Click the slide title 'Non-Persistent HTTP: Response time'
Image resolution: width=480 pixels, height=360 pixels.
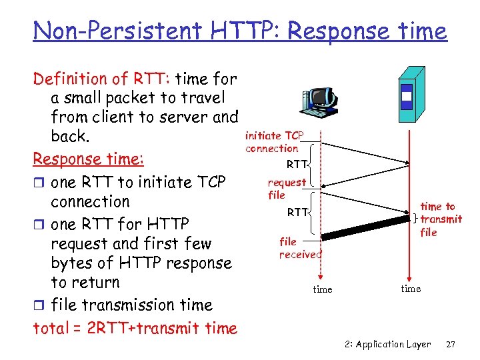(x=240, y=31)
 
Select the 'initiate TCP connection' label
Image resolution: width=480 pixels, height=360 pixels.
(x=273, y=142)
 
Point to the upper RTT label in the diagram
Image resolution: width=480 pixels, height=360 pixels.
(x=297, y=164)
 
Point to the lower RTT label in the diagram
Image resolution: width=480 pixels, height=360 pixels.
(x=297, y=212)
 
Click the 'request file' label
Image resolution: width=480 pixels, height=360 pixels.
(x=286, y=189)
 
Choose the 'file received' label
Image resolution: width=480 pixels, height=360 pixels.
(x=299, y=247)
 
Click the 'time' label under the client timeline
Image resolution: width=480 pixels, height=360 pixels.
(x=323, y=289)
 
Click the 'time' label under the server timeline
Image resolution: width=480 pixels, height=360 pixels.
(x=411, y=289)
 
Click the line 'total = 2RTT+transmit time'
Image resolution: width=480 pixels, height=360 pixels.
(x=135, y=328)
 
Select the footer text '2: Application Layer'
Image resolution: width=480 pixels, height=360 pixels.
(x=388, y=344)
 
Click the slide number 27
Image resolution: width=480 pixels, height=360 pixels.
(x=450, y=344)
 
